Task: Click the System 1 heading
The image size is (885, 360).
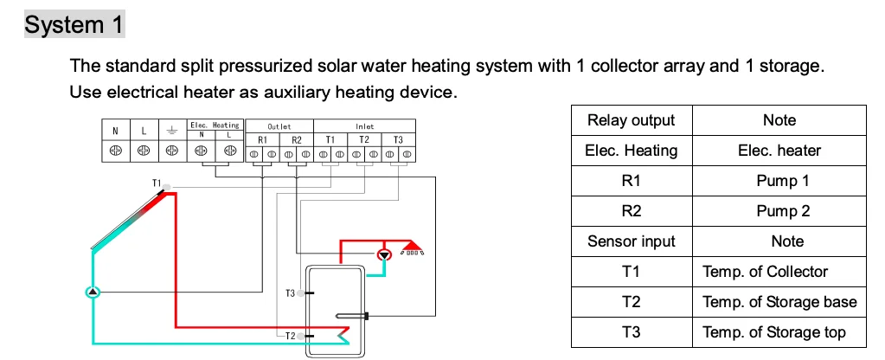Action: coord(74,24)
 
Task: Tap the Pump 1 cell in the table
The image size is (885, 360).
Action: coord(779,181)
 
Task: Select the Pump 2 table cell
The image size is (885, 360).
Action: coord(779,212)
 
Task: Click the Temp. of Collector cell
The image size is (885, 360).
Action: coord(779,272)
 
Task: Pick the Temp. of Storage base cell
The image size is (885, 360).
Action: coord(779,302)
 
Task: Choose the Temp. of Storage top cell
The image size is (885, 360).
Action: coord(779,332)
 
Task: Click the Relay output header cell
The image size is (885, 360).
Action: coord(632,120)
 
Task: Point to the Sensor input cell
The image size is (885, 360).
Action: coord(632,241)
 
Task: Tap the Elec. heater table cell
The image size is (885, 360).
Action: coord(779,151)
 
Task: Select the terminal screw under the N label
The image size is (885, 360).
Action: coord(116,151)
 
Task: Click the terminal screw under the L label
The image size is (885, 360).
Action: coord(144,151)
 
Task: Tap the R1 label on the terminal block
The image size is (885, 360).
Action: coord(262,140)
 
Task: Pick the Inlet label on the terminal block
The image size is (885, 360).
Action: coord(364,126)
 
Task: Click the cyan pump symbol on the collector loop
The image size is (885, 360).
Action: coord(93,292)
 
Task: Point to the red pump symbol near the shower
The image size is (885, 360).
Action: coord(384,254)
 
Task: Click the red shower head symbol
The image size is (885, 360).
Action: coord(412,247)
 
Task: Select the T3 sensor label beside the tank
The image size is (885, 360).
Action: coord(290,292)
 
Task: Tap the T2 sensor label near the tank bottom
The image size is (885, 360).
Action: coord(290,336)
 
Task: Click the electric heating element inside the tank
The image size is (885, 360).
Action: coord(351,316)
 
